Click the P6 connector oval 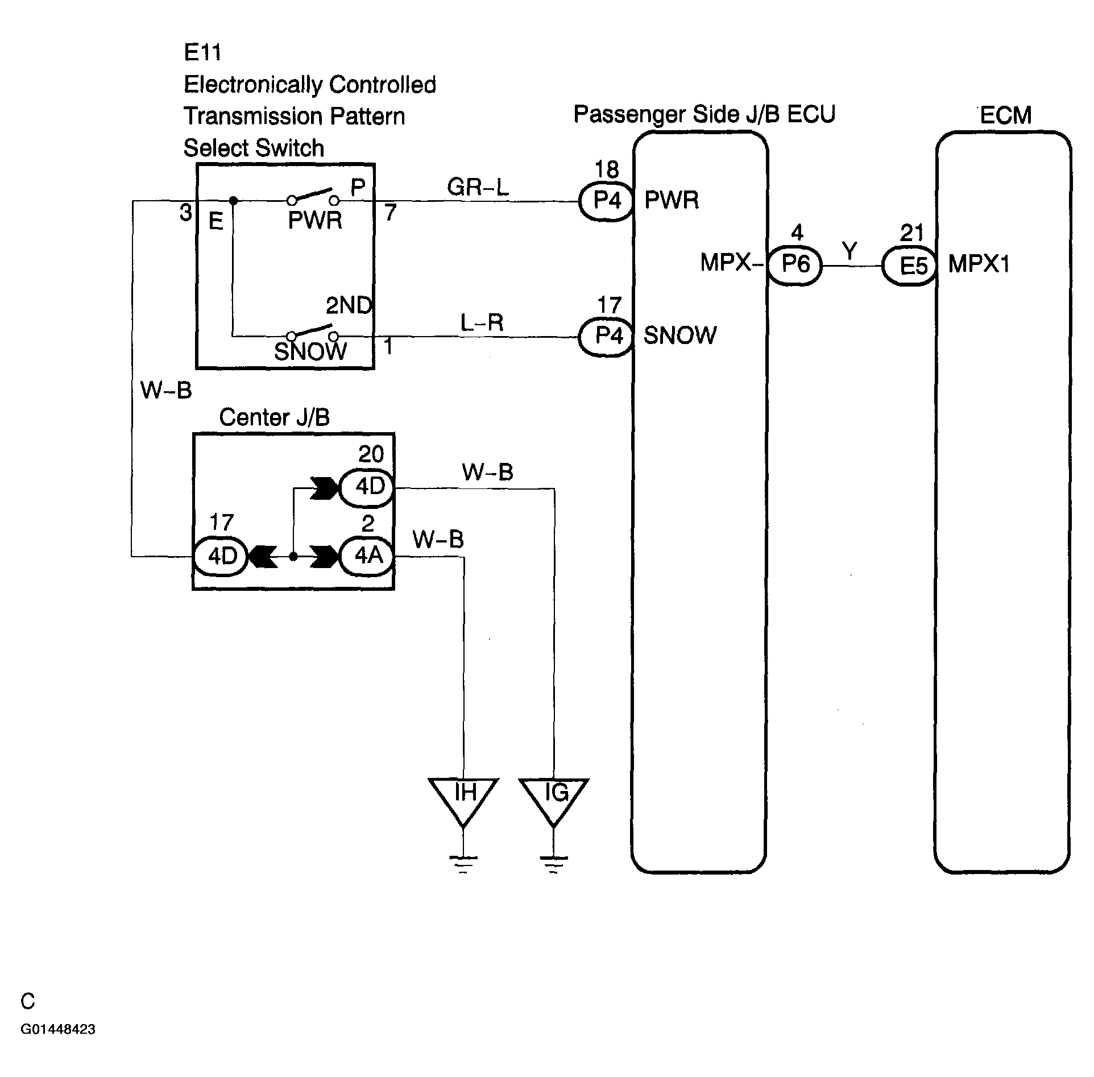(795, 264)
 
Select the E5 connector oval (909, 265)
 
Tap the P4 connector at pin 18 (607, 201)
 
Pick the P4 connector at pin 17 (607, 337)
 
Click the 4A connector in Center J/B (367, 556)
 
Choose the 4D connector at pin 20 (367, 488)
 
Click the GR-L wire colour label (478, 187)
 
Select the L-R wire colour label (482, 323)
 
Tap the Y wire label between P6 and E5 (849, 251)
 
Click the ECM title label (1005, 115)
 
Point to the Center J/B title (274, 417)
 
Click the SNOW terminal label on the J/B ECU (679, 335)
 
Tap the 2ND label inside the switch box (349, 306)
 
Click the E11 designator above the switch (202, 52)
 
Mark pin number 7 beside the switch (390, 213)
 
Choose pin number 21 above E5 (911, 233)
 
